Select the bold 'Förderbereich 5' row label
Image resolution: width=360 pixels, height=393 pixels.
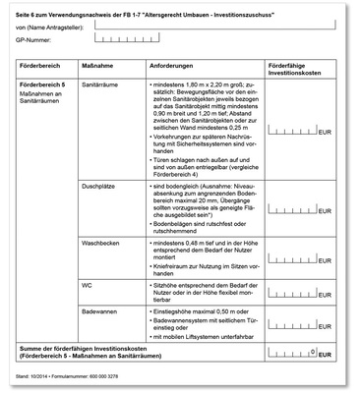pos(45,86)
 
